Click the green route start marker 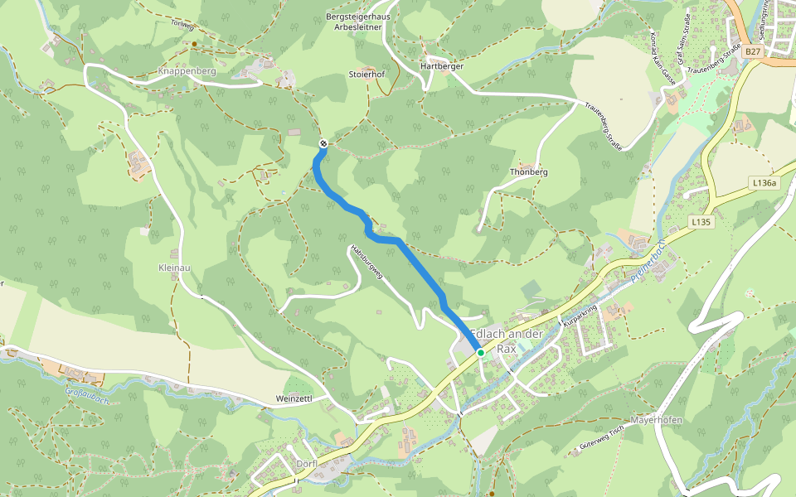(x=480, y=353)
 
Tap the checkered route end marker (x=323, y=144)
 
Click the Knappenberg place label (x=187, y=72)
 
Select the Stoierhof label (x=367, y=74)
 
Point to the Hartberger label (x=441, y=65)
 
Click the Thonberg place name (x=528, y=172)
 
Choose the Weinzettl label (x=294, y=398)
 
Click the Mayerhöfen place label (x=656, y=420)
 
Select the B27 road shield (x=752, y=51)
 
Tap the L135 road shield (x=701, y=222)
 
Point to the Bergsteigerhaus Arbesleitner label (x=357, y=21)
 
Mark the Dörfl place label (x=307, y=464)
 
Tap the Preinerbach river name (x=649, y=264)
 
